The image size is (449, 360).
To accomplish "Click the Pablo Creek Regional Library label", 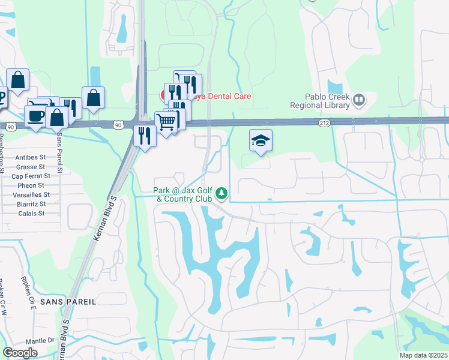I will point(319,101).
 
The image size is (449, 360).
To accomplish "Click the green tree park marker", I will point(222,193).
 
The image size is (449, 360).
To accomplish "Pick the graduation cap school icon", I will point(261,140).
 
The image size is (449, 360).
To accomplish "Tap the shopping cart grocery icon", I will point(166,122).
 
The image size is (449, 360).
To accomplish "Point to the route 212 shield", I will point(324,123).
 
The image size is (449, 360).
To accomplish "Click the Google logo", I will point(20,353).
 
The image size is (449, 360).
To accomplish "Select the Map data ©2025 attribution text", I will point(423,355).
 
